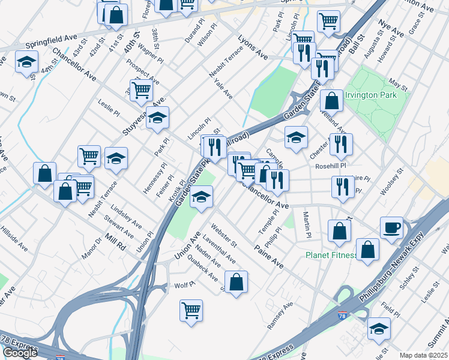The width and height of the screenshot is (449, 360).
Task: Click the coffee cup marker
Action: point(391,228)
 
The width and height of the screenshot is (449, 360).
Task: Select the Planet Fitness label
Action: point(331,255)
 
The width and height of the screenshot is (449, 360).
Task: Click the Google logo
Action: point(20,353)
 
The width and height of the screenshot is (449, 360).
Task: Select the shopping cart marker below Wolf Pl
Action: point(191,310)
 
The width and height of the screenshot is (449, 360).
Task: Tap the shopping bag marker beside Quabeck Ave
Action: point(237,281)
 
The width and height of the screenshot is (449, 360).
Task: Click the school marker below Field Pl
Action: point(379,328)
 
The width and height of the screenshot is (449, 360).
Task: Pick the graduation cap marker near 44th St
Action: point(26,62)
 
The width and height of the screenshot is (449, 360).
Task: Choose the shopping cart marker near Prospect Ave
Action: point(141,90)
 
